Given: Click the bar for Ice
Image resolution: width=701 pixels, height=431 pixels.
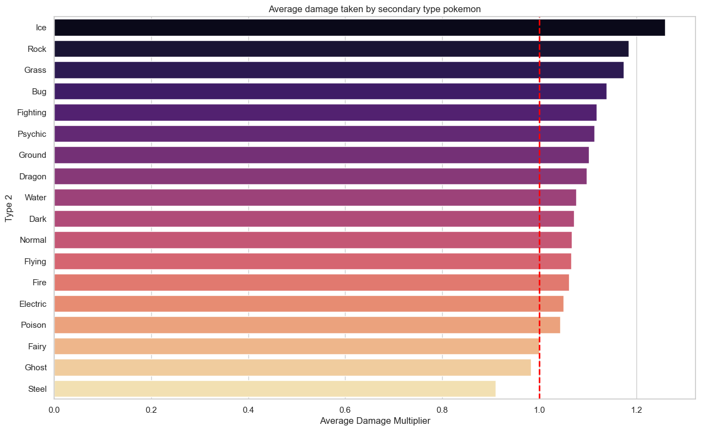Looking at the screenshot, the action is pos(359,28).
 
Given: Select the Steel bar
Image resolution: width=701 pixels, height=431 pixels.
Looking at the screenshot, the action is pos(275,389).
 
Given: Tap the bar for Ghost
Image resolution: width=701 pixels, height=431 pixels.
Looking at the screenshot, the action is pos(293,368).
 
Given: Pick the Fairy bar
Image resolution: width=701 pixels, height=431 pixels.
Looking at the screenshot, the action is pos(296,346).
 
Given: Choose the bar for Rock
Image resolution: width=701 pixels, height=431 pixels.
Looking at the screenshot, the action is pos(342,49).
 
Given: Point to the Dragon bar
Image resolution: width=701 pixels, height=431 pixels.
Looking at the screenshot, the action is pos(321,177).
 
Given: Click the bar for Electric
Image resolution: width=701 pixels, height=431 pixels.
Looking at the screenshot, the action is pos(309,304).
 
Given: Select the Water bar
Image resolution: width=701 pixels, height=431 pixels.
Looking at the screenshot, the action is pos(315,198).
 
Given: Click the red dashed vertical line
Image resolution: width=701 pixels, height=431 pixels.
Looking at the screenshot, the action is pos(539,208).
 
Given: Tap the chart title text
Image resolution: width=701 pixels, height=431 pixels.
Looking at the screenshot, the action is pos(375,9).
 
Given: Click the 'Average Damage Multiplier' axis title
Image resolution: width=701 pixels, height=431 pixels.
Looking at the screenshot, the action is pos(375,421).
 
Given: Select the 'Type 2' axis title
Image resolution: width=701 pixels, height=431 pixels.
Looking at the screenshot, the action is pos(9,208).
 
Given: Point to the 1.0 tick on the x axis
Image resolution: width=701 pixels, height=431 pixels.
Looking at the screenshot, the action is pos(539,409).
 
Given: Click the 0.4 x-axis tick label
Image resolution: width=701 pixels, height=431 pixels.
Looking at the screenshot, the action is pos(248,409).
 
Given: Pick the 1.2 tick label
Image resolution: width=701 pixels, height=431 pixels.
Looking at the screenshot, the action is pos(636,409).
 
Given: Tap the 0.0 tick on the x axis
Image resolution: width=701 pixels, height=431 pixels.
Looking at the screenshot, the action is pos(55,409).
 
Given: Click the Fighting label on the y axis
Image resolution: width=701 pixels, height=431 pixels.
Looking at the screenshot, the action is pos(31,113).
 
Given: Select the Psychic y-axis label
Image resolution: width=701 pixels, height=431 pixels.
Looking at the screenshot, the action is pos(32,134).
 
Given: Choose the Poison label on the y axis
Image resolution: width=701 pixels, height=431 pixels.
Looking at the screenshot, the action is pos(34,325).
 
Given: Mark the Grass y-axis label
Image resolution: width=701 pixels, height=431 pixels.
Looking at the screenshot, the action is pos(35,70).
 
